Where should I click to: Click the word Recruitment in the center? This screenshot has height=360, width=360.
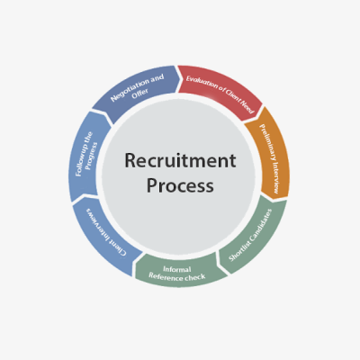180,160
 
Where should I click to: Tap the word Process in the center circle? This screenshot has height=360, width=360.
180,185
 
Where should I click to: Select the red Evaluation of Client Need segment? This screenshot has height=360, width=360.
220,92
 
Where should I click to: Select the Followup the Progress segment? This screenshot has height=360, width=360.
87,155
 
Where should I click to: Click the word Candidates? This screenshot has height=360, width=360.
261,223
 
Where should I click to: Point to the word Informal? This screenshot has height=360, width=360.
177,269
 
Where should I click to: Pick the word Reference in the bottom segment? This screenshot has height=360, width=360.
166,276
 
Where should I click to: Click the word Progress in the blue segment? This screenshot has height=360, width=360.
91,156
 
